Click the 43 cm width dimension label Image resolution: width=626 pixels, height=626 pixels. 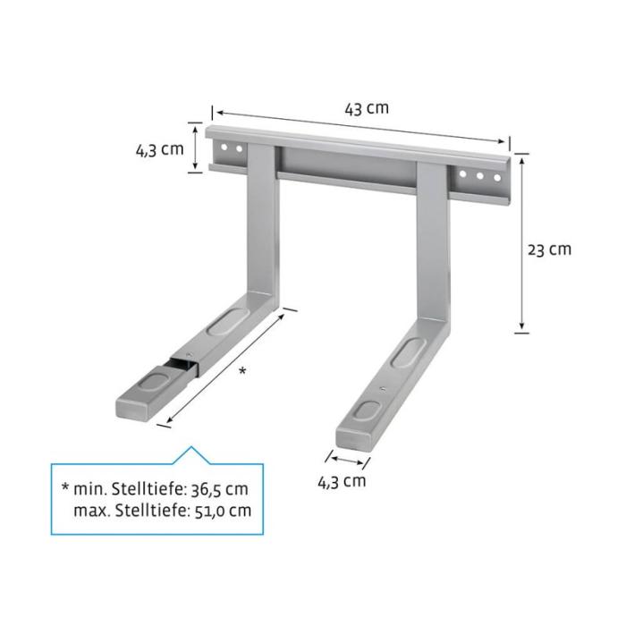[367, 108]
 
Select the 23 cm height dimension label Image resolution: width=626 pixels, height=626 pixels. [549, 250]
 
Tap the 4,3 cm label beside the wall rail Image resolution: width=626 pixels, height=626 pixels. [160, 149]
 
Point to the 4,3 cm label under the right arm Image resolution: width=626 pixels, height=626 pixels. [342, 481]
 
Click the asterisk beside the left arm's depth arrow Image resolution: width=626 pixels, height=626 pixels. [242, 371]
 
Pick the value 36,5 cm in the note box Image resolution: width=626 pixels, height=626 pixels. [220, 489]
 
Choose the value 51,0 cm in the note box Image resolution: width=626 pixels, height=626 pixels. [223, 511]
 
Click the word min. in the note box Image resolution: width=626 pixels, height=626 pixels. [89, 489]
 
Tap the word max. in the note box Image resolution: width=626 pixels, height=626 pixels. [91, 511]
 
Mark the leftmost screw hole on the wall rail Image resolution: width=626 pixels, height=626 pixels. [224, 147]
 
